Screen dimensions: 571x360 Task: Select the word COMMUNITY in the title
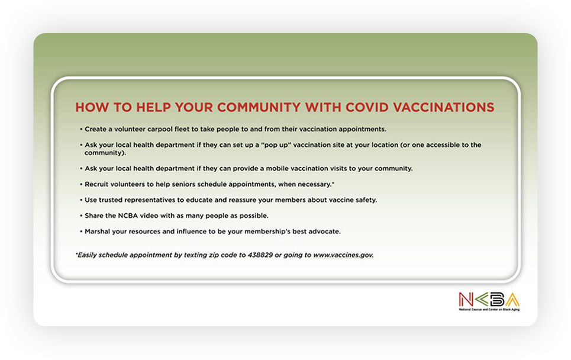259,107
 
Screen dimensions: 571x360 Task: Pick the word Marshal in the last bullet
97,232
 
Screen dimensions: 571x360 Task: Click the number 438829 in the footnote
260,255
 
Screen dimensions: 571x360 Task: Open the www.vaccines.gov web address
343,255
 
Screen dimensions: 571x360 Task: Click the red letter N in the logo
466,300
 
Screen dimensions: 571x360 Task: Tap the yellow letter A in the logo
512,300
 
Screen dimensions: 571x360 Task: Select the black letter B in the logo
497,300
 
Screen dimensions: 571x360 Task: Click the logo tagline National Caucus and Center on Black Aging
489,310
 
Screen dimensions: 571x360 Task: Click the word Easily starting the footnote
86,255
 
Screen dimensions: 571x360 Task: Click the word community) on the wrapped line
105,153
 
